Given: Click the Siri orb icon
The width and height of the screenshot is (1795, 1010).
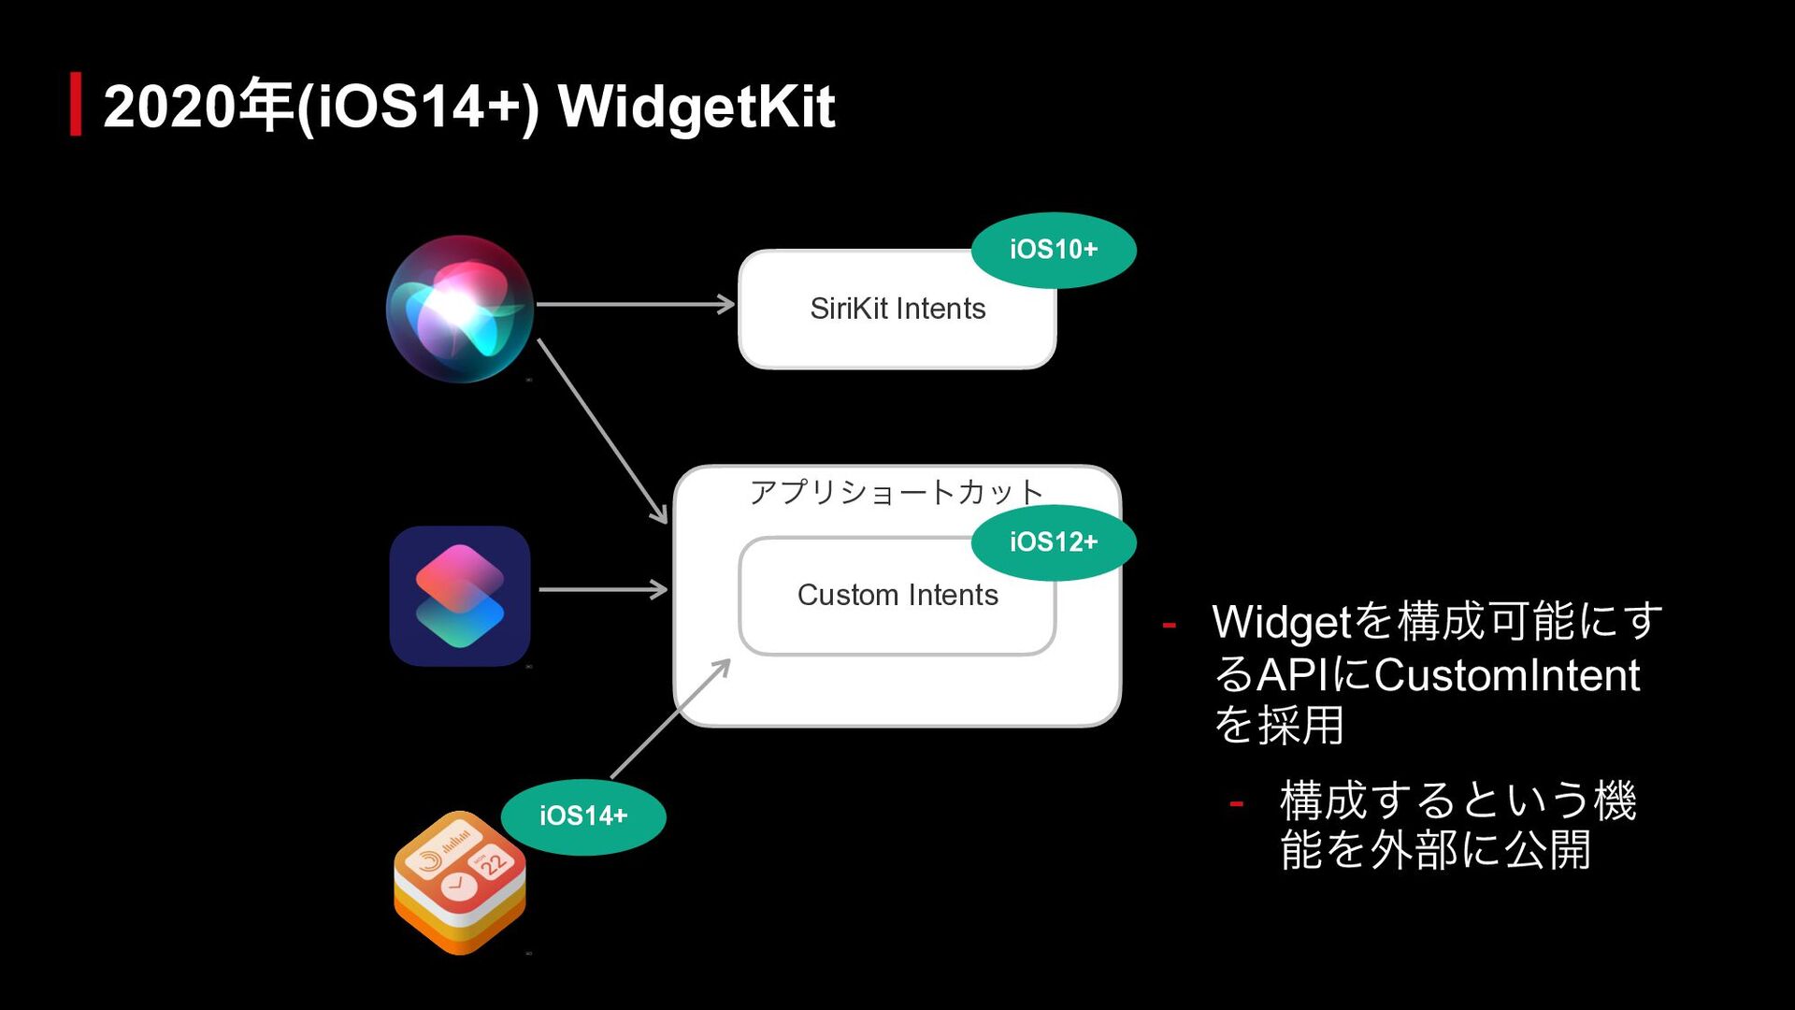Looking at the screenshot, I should [459, 309].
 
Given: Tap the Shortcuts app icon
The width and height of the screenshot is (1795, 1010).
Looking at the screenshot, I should [459, 596].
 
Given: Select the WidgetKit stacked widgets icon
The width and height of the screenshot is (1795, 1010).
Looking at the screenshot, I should [459, 883].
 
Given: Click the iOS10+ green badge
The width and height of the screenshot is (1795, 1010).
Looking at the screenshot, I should [1053, 250].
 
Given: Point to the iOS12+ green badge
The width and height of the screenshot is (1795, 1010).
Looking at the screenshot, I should [1053, 542].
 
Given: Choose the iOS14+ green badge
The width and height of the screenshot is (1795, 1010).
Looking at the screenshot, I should [582, 816].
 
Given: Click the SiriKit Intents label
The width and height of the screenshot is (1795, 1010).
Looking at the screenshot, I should [897, 309].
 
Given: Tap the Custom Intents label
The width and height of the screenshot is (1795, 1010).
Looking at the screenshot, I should [897, 595].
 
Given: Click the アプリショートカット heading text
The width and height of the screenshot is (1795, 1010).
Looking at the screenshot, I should [896, 492].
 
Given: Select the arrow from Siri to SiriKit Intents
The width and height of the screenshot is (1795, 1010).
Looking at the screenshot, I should [636, 304].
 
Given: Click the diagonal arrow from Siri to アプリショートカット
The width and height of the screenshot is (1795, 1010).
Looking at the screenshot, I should [602, 431].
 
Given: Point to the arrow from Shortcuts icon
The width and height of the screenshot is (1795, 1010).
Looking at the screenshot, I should [603, 589].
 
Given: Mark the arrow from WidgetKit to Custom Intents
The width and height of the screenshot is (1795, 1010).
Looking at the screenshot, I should [670, 718].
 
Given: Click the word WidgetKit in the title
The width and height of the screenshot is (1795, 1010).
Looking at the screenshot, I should [696, 107].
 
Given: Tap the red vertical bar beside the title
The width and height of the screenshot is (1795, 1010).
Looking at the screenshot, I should [76, 104].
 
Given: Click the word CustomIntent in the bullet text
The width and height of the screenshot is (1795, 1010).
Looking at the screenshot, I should [1506, 675].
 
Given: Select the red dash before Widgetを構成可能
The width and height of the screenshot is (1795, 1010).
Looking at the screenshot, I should [1169, 624].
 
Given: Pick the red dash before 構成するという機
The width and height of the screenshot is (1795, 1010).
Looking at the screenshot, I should [1236, 803].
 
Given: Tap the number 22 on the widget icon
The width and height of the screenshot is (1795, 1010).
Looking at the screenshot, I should [494, 862].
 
